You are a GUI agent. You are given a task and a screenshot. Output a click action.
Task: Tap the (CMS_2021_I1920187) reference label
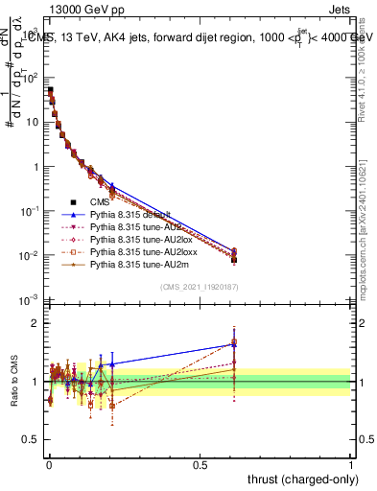(x=200, y=287)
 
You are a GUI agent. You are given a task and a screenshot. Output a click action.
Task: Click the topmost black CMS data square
(x=50, y=90)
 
